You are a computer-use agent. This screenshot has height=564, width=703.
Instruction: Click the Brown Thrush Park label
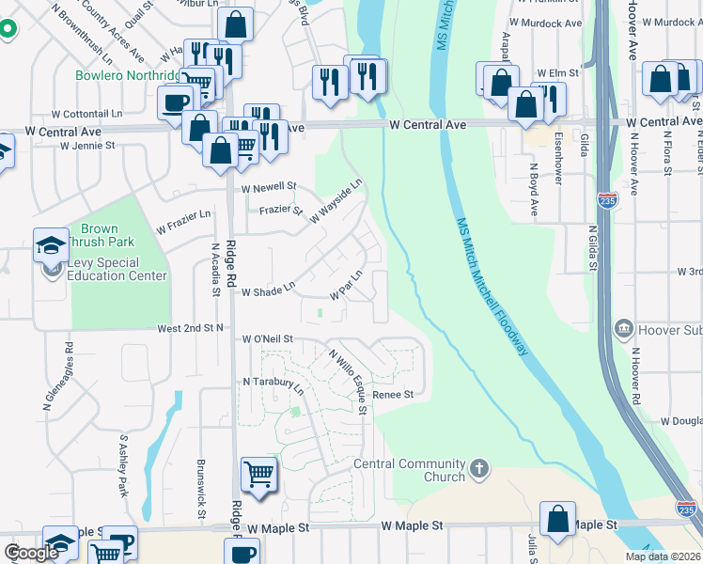tap(100, 235)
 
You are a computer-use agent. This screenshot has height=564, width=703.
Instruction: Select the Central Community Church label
tap(410, 470)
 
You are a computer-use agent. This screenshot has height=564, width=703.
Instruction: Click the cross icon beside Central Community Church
tap(479, 467)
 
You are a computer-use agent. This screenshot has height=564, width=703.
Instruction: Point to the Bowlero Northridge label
tap(128, 75)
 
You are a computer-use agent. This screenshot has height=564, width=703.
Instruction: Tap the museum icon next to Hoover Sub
tap(622, 328)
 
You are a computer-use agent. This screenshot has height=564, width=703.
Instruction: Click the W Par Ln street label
tap(345, 284)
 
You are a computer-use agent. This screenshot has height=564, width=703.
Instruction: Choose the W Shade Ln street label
tap(269, 291)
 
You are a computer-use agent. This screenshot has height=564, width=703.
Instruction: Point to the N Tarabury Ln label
tap(273, 384)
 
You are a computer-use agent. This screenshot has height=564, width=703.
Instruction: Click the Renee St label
tap(393, 395)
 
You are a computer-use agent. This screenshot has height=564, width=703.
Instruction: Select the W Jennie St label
tap(86, 146)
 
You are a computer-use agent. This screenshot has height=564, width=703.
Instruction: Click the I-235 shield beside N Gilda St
tap(606, 200)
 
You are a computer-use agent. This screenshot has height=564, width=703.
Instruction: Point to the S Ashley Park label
tap(123, 466)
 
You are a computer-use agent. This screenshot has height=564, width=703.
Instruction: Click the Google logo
tap(31, 553)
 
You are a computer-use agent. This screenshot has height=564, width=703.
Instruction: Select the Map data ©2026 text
tap(661, 556)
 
